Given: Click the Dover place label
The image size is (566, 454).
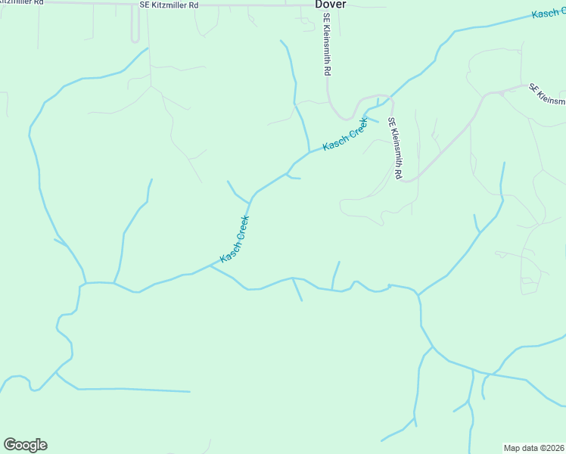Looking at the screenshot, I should (x=331, y=4).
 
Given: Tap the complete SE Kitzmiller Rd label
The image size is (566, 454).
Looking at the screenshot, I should (x=169, y=5).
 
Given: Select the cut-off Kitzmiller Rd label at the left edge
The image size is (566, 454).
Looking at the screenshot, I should (x=22, y=4).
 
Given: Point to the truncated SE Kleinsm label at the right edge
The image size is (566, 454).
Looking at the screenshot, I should (x=548, y=95).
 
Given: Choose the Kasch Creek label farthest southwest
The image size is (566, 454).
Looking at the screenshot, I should (x=235, y=239).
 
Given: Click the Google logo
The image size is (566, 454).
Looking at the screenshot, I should (x=25, y=445).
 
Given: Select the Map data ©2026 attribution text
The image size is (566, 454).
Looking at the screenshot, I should (x=534, y=448).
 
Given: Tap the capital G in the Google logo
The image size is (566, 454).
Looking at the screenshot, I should (x=9, y=445).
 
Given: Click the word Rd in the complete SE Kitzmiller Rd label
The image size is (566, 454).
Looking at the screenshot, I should (x=194, y=5).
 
